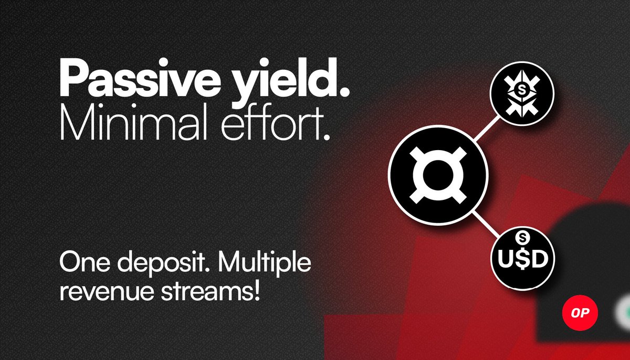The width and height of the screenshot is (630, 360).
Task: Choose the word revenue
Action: tap(99, 291)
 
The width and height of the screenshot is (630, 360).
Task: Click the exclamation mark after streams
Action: tap(257, 291)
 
